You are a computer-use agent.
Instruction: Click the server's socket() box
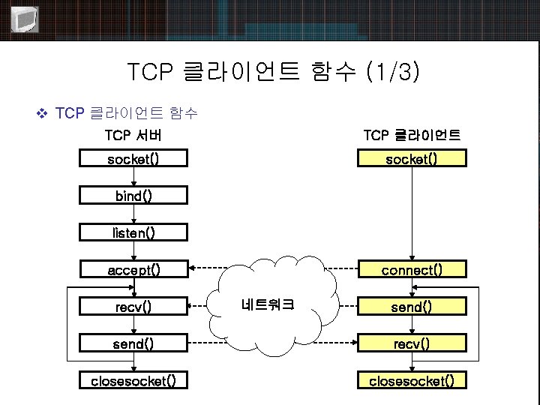point(133,158)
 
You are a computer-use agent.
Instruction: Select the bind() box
point(133,196)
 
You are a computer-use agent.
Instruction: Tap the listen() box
point(133,232)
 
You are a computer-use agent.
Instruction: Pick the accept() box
point(133,269)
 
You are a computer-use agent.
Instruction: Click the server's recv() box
point(133,306)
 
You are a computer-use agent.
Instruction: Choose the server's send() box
point(133,343)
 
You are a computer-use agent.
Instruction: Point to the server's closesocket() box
point(133,380)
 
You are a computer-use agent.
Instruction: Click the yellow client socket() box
point(411,158)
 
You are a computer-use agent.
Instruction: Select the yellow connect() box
point(411,269)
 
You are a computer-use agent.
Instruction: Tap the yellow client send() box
point(411,306)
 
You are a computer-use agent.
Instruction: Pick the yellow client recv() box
point(411,343)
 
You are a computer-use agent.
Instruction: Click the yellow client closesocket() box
point(411,380)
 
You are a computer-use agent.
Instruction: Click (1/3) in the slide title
point(392,72)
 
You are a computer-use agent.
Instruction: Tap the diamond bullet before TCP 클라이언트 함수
point(42,114)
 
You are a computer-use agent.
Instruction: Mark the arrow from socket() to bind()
point(133,177)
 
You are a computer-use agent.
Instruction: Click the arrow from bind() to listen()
point(133,214)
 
